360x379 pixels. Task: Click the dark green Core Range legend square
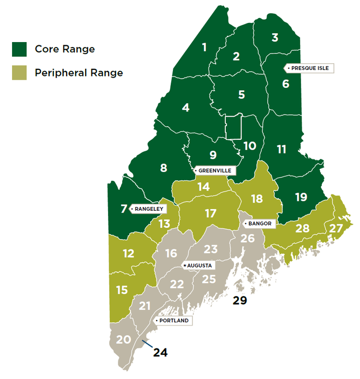click(20, 49)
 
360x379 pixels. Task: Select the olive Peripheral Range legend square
click(20, 73)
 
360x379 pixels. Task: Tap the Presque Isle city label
click(308, 68)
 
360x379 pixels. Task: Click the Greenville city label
click(214, 171)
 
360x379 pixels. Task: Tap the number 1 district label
click(204, 48)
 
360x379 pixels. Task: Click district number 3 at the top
click(275, 37)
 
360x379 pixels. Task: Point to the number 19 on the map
click(301, 197)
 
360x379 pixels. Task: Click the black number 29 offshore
click(240, 300)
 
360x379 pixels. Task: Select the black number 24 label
click(160, 352)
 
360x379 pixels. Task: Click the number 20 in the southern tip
click(124, 339)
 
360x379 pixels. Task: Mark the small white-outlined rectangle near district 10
click(233, 127)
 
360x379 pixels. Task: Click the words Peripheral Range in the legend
click(79, 73)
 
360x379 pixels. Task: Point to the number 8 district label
click(164, 168)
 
